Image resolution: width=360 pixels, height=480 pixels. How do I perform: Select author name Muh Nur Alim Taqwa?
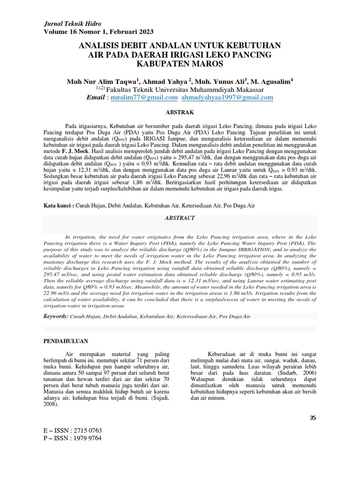96,81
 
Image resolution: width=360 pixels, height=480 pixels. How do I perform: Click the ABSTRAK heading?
180,113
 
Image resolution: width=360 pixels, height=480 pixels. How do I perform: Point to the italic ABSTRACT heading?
180,218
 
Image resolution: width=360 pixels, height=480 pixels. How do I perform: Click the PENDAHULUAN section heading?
66,341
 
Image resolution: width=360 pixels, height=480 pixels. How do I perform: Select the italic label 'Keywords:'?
56,316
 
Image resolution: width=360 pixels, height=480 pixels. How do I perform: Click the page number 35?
314,418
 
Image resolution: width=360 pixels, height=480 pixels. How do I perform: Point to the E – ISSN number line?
72,430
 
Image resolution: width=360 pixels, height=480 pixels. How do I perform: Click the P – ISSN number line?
72,438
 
